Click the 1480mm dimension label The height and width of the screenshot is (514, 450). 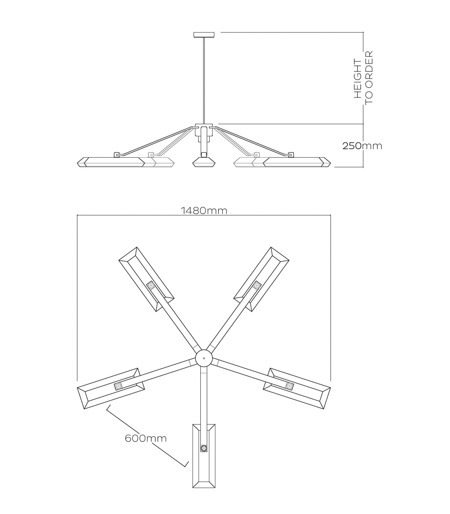[x=204, y=211]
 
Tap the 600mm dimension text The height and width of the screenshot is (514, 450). [x=146, y=438]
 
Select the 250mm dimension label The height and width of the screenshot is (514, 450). [x=362, y=146]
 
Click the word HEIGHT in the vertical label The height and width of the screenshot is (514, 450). [x=357, y=78]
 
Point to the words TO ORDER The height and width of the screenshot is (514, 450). [x=369, y=77]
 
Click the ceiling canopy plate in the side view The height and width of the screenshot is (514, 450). [x=204, y=34]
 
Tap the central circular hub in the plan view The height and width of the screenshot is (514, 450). [x=204, y=358]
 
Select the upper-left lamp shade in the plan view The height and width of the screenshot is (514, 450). [x=146, y=279]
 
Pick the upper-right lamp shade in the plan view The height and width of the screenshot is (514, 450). [x=261, y=279]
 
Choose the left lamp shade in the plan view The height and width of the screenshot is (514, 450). [x=111, y=388]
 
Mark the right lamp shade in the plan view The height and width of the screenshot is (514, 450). [x=297, y=388]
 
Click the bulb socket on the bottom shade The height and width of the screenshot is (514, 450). [x=204, y=448]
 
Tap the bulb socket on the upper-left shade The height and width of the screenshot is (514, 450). [x=151, y=285]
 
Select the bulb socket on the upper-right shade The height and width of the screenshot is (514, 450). [x=256, y=285]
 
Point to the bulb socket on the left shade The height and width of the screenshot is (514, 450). [x=118, y=386]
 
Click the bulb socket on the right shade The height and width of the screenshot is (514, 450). [x=290, y=386]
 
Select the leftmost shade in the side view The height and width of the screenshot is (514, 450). [x=111, y=162]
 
